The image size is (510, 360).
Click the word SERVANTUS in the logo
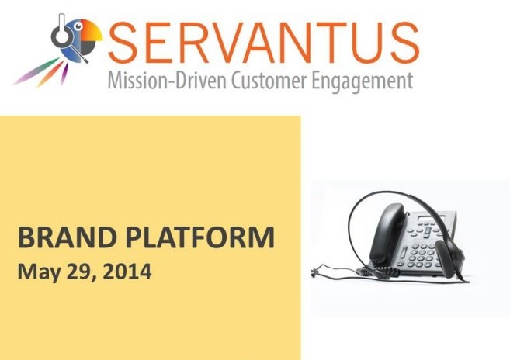263,43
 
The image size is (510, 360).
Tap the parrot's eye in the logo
78,26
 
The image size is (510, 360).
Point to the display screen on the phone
432,218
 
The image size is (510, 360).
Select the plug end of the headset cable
314,273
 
